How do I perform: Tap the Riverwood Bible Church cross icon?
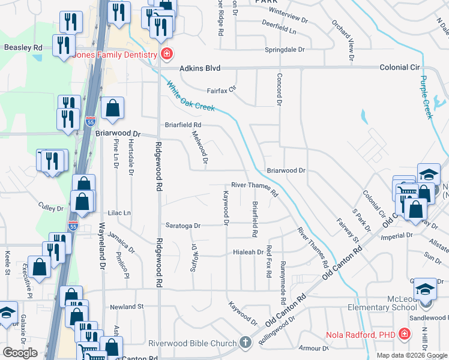(244, 343)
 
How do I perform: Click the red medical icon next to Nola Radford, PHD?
(405, 334)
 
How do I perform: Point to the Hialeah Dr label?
(248, 253)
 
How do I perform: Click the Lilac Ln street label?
(119, 213)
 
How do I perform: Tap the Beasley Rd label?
(23, 47)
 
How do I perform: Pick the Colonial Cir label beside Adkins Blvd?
(402, 68)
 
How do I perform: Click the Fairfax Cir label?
(222, 91)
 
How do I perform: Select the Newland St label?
(127, 306)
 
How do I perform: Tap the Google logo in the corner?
(20, 353)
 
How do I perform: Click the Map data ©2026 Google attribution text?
(411, 355)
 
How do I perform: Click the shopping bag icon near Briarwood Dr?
(112, 109)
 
